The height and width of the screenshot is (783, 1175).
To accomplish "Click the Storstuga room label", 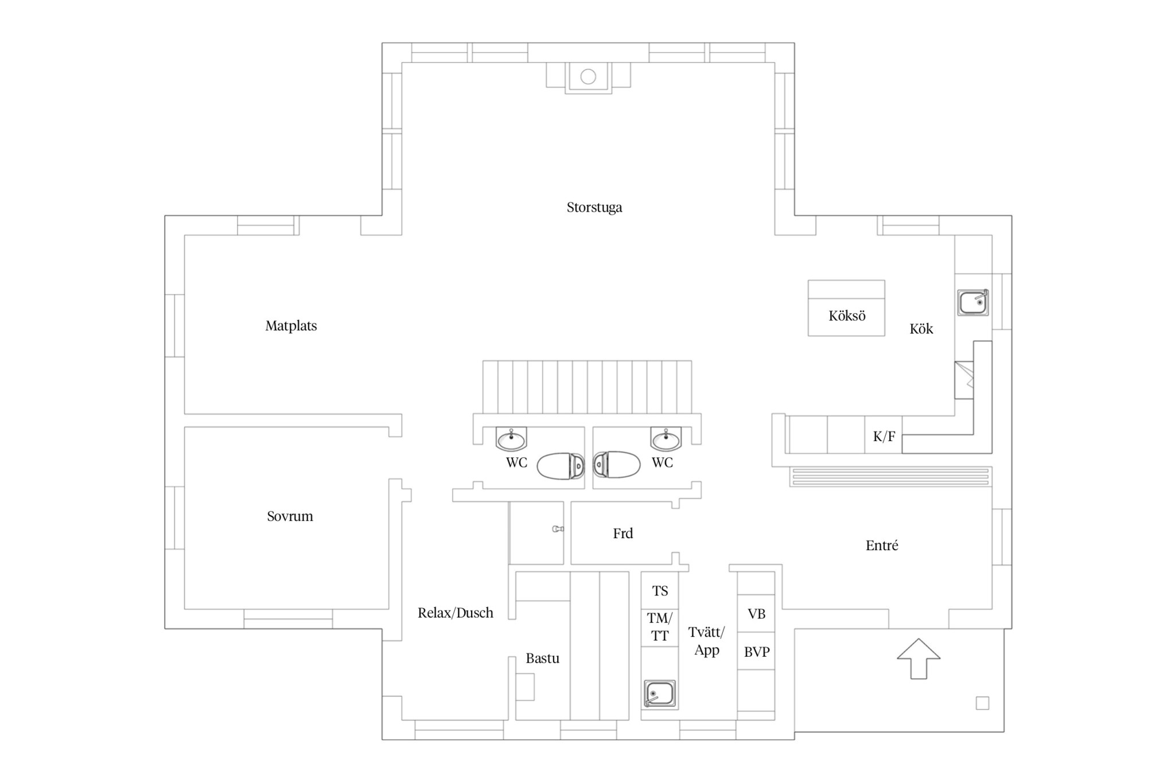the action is click(x=594, y=207).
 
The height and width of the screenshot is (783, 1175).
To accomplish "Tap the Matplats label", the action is click(x=291, y=326).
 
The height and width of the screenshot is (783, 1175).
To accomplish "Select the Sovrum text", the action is click(x=290, y=516).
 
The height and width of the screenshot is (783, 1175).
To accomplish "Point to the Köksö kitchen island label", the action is click(x=847, y=315).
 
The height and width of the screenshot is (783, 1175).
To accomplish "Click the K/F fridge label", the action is click(x=884, y=437).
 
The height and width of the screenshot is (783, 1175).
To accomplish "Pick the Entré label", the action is click(x=882, y=545).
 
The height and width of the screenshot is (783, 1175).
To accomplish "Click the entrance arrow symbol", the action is click(x=919, y=659).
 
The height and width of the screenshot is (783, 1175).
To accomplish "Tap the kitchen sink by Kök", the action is click(x=973, y=302).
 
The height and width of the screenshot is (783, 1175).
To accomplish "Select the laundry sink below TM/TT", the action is click(x=660, y=694).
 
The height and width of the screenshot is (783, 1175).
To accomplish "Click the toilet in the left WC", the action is click(x=561, y=465).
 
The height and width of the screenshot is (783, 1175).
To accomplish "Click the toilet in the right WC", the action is click(x=617, y=465).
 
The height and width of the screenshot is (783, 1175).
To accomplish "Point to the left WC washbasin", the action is click(x=511, y=439).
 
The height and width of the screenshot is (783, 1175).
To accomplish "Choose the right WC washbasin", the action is click(x=666, y=439).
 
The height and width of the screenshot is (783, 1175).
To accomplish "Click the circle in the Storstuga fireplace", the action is click(x=588, y=76).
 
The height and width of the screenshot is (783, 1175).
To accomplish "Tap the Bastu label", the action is click(x=542, y=659).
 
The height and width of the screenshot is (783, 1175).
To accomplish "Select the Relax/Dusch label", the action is click(x=456, y=613).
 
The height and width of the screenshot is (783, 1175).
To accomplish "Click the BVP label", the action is click(x=757, y=652).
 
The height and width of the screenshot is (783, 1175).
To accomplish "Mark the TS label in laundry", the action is click(x=660, y=591).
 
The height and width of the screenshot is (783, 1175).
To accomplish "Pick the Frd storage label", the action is click(x=623, y=533).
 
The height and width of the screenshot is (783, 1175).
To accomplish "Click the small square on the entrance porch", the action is click(x=982, y=703).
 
